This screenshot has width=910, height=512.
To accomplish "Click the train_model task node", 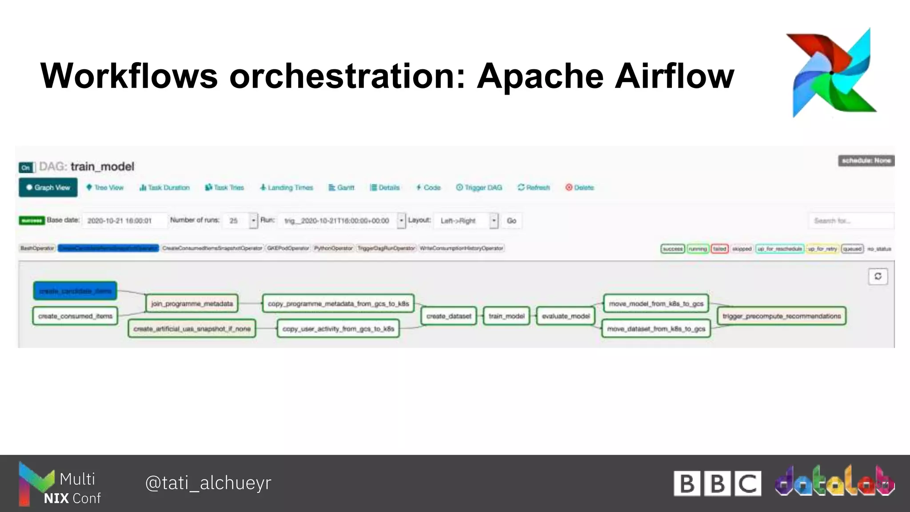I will tap(507, 316).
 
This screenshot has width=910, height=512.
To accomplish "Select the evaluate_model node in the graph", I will tap(566, 316).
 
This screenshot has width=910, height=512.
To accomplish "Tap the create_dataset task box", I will tap(449, 316).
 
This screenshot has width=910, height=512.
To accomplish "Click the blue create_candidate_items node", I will tap(75, 291).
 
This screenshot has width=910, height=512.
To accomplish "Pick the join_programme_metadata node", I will tap(192, 304).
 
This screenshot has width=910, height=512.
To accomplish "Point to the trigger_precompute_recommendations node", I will tap(782, 316).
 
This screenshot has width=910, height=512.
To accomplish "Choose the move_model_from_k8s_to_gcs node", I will tap(656, 304).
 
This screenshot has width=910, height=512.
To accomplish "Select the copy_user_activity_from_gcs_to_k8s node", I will tap(338, 329).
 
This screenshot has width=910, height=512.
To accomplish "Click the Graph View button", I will tap(48, 188).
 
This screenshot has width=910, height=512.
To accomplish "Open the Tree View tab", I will tap(105, 188).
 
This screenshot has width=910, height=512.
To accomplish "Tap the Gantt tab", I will tap(341, 188).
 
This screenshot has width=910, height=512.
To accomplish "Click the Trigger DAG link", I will tap(479, 188).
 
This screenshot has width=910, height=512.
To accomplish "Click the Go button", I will tap(511, 221).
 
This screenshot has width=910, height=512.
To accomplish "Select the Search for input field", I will tap(850, 221).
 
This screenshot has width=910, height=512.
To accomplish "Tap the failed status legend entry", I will tap(719, 249).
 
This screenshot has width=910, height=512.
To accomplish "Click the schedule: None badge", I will tap(866, 160).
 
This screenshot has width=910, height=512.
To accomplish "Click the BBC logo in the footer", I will tap(717, 483).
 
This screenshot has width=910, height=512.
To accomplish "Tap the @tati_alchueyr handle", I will tap(208, 483).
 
